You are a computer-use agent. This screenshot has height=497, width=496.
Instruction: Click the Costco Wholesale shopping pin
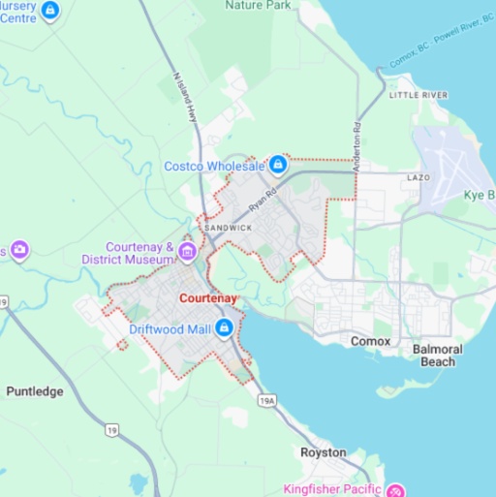278,165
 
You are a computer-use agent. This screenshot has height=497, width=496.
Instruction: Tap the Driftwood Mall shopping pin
224,329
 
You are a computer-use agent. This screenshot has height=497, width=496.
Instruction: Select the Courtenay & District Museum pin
188,254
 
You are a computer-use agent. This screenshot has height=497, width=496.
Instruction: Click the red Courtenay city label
208,298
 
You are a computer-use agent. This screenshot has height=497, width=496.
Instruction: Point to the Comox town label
370,341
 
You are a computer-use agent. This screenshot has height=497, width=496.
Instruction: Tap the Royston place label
323,452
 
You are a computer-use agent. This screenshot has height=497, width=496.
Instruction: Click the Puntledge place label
35,391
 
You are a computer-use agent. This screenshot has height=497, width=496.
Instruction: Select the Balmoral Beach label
437,355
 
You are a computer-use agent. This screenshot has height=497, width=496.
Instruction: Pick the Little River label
418,95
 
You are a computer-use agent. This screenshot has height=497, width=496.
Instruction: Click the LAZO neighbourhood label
418,178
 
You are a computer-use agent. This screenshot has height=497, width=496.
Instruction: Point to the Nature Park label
257,5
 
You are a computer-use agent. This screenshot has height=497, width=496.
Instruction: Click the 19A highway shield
267,398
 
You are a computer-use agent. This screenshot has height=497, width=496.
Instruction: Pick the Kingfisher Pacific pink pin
395,488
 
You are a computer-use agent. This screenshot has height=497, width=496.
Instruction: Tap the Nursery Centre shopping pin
50,11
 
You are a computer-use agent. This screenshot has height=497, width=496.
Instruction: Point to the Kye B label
479,195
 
